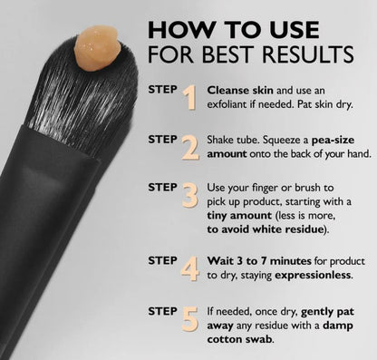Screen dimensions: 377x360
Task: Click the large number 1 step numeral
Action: [x=189, y=98]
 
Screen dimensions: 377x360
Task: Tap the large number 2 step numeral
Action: [x=190, y=148]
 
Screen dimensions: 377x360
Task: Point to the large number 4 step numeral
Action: [x=190, y=268]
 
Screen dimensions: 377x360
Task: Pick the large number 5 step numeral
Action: [x=190, y=318]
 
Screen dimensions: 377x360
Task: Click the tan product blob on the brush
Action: [x=97, y=48]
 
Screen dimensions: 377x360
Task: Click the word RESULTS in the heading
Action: [x=308, y=54]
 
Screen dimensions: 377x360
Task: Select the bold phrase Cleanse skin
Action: [x=240, y=90]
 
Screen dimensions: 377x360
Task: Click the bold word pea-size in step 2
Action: [x=333, y=141]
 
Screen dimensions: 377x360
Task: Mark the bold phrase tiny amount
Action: [x=239, y=216]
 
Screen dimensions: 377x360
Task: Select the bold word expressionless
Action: [x=313, y=276]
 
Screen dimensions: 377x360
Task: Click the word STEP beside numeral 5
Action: [x=162, y=312]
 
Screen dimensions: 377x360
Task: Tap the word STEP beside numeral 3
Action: [x=162, y=188]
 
